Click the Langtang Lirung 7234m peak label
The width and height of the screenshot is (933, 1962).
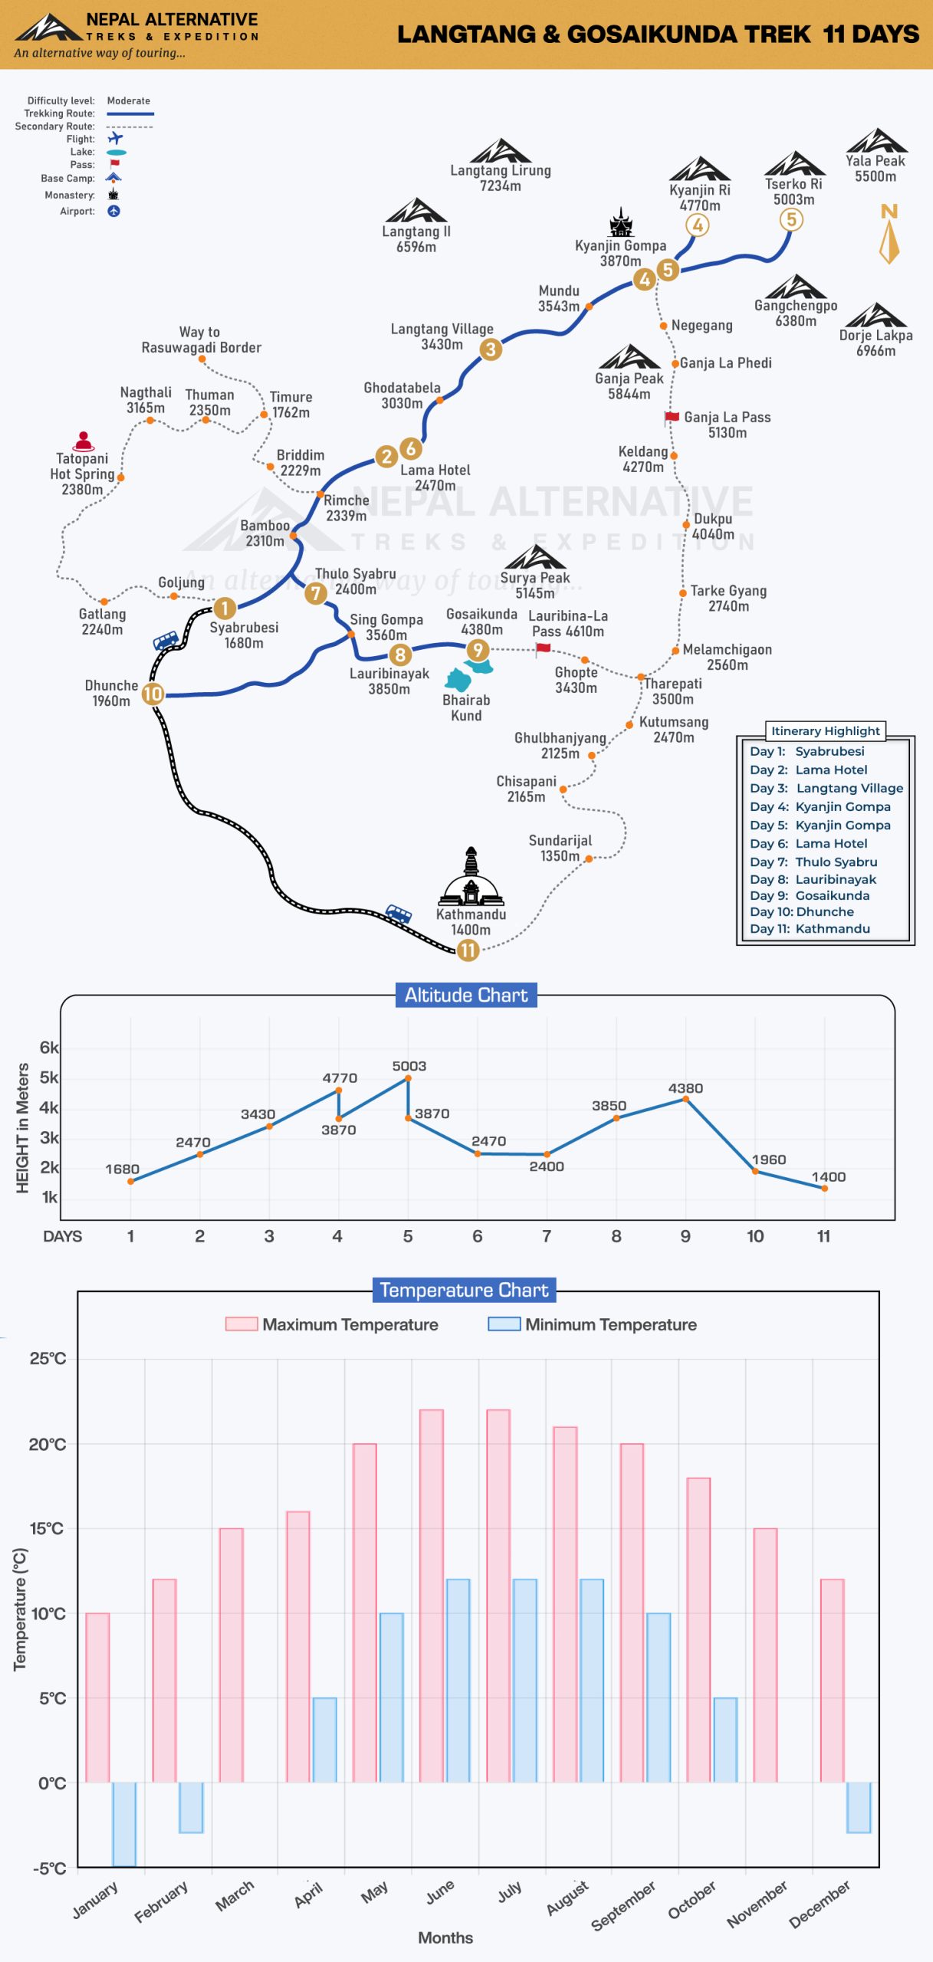[500, 178]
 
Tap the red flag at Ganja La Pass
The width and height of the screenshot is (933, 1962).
[672, 417]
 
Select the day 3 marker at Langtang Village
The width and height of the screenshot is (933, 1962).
[491, 349]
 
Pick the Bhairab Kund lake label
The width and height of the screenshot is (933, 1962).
[466, 707]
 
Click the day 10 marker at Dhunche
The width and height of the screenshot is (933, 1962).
[153, 694]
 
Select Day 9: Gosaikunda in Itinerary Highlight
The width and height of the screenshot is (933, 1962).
[810, 895]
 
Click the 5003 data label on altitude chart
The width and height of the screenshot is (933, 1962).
[409, 1066]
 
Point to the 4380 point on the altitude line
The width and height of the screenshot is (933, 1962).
[685, 1099]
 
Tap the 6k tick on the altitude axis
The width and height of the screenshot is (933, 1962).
[49, 1048]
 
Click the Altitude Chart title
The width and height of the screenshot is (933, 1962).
[466, 995]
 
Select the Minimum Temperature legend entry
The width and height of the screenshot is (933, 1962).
[593, 1324]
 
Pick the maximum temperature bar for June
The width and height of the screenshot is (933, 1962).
[432, 1596]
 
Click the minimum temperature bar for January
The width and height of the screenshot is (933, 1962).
[124, 1824]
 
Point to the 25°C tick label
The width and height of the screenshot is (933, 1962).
[48, 1358]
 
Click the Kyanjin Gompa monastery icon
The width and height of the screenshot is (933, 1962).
[621, 222]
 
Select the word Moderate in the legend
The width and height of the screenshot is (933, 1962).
[129, 100]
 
